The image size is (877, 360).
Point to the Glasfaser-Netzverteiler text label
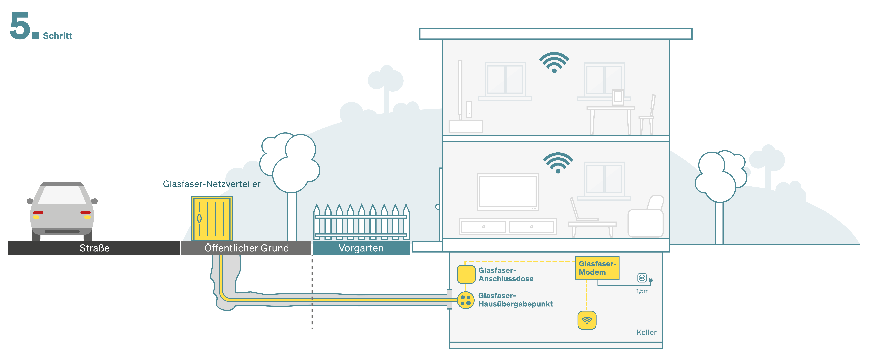point(211,184)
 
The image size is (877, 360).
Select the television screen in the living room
point(507,192)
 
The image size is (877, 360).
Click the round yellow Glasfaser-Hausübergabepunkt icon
point(465,300)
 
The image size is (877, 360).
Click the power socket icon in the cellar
point(642,278)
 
